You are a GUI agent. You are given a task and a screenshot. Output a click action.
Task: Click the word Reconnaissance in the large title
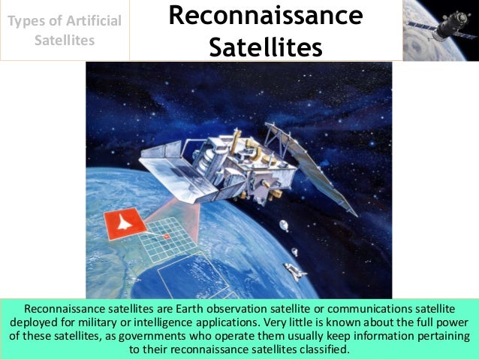coord(265,16)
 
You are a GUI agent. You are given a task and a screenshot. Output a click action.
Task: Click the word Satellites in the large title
coord(265,47)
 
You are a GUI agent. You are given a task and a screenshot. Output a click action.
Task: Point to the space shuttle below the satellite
coord(294,271)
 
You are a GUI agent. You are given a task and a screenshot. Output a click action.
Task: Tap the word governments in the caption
coord(198,336)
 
